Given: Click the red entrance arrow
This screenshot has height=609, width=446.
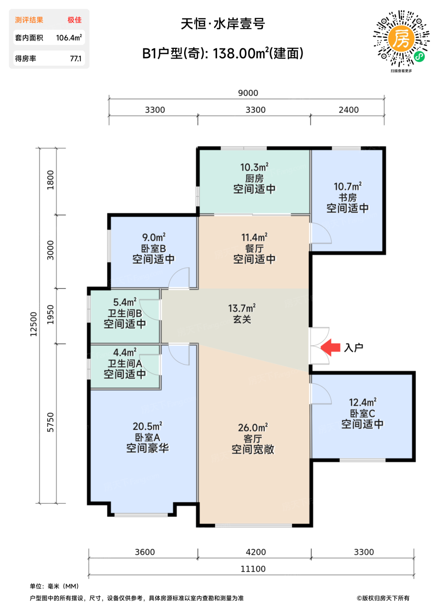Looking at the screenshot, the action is (x=330, y=347).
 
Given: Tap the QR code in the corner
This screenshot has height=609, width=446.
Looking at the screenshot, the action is (x=401, y=39).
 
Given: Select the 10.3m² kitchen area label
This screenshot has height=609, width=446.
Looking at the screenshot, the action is (x=254, y=167).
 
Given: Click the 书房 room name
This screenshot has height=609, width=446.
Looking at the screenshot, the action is (x=348, y=197).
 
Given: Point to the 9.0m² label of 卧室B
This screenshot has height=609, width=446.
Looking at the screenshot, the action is (x=154, y=238).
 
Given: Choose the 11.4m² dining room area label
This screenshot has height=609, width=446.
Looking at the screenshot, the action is (x=254, y=238).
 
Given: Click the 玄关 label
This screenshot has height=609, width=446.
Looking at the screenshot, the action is (x=242, y=319).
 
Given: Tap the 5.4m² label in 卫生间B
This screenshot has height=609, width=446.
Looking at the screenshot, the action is (x=125, y=302).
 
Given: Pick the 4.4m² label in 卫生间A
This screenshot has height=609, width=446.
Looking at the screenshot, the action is (x=125, y=352).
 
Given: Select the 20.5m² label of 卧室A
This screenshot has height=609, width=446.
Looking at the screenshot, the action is (x=148, y=426).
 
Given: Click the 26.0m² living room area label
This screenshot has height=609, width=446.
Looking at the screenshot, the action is (x=253, y=428).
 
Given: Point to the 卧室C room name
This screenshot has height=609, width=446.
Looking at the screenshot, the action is (x=362, y=414).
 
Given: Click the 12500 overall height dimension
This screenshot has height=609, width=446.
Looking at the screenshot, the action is (x=33, y=324).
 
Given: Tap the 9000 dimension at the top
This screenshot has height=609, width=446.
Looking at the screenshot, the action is (x=248, y=93).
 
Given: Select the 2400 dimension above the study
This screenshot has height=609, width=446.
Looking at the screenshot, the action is (x=349, y=110).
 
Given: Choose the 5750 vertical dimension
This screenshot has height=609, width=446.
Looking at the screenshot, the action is (x=50, y=422).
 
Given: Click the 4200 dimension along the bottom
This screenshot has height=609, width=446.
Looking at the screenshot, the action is (x=256, y=552).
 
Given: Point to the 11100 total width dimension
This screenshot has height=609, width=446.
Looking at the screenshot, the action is (x=253, y=569).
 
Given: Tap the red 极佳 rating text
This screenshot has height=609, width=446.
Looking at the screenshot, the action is (x=74, y=20).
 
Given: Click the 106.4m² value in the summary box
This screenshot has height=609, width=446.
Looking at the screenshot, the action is (x=69, y=37).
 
